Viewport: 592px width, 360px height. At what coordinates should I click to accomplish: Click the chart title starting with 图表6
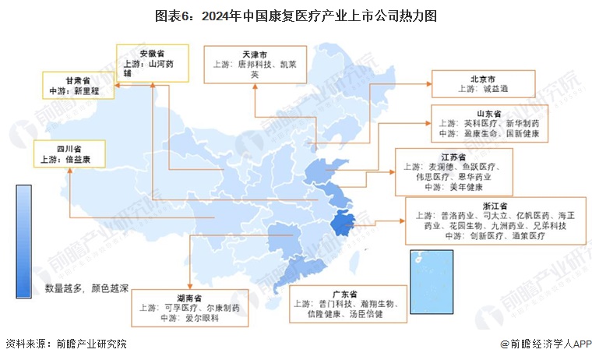[x=295, y=15]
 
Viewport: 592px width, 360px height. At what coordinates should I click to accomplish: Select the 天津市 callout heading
[x=255, y=55]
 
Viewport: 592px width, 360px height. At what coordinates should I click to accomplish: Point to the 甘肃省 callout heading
[x=78, y=80]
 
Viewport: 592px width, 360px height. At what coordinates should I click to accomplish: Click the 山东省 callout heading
[x=492, y=113]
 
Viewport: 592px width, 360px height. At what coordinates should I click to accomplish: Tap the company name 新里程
[x=91, y=91]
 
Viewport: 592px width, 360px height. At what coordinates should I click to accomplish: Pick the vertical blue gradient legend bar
[x=23, y=242]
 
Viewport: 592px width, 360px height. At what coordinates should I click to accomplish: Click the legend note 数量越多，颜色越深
[x=86, y=288]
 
